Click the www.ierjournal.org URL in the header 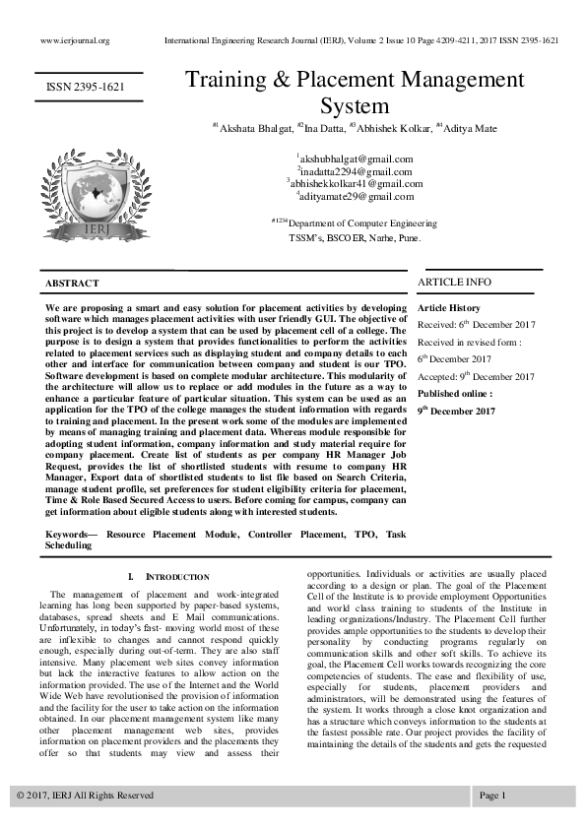point(74,41)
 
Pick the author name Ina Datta point(320,128)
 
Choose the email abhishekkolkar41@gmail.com point(355,183)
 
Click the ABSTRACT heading point(72,284)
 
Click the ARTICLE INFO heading point(454,283)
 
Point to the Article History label point(449,308)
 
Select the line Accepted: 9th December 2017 point(476,376)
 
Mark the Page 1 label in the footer point(492,795)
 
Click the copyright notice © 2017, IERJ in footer point(85,795)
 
